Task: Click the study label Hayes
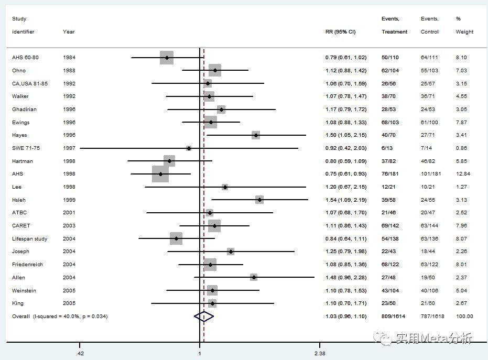tap(19, 135)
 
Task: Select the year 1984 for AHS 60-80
tap(69, 58)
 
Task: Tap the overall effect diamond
tap(203, 316)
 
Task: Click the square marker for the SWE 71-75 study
tap(189, 148)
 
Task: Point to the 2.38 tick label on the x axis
tap(319, 354)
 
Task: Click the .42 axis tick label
tap(80, 354)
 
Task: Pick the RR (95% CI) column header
tap(340, 32)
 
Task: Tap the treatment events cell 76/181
tap(392, 174)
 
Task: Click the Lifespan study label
tap(29, 239)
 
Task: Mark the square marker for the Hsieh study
tap(259, 200)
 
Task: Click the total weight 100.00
tap(464, 317)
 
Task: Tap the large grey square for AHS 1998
tap(160, 174)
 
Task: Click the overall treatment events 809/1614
tap(395, 317)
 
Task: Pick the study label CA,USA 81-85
tap(30, 84)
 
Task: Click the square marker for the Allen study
tap(254, 277)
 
